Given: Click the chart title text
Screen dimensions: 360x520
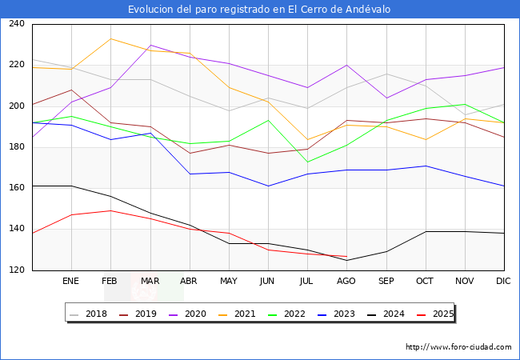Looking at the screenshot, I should tap(259, 9).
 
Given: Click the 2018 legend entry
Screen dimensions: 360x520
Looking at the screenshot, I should tap(90, 314).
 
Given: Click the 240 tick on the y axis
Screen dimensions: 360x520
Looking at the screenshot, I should tap(16, 24).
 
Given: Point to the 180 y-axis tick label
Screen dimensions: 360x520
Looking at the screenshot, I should tap(16, 147).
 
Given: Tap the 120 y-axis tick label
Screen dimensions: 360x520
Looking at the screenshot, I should tap(16, 270).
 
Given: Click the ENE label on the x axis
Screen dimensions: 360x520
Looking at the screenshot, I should tap(71, 282).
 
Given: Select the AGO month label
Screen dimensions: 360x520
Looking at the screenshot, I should tap(346, 282).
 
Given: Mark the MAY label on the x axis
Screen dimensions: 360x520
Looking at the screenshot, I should tap(229, 282).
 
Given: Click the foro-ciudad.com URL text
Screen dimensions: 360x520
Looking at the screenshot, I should tap(458, 347).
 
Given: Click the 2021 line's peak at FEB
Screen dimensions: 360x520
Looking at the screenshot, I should tap(110, 38).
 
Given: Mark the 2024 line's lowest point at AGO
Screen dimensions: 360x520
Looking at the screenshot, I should tap(346, 260).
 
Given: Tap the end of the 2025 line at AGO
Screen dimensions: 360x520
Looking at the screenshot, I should tap(346, 257).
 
